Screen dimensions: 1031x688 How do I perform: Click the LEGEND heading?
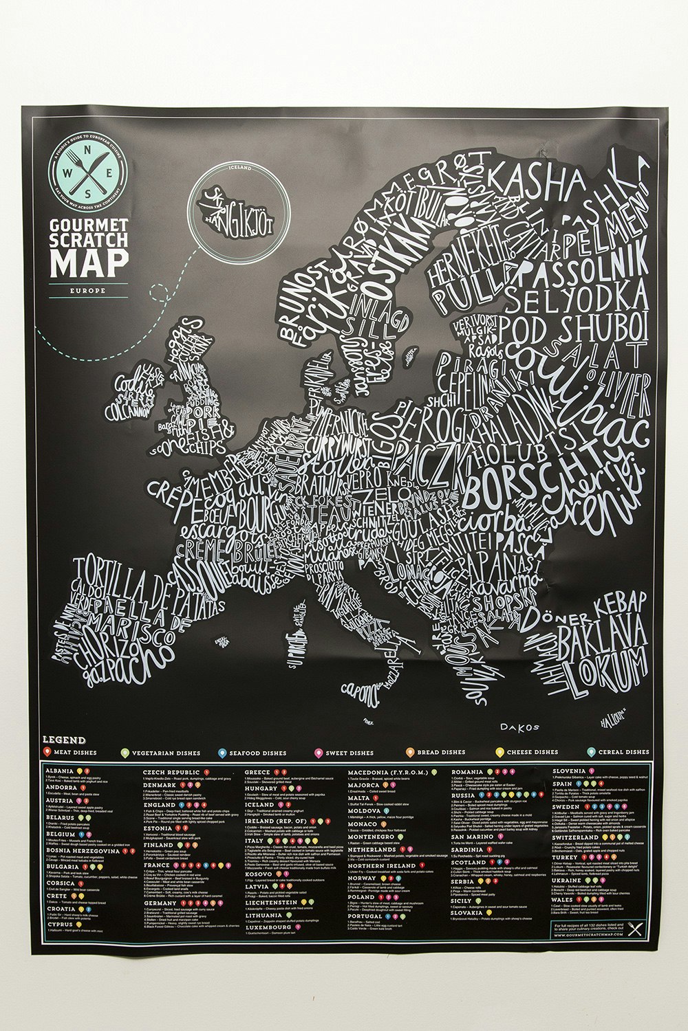click(x=64, y=740)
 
